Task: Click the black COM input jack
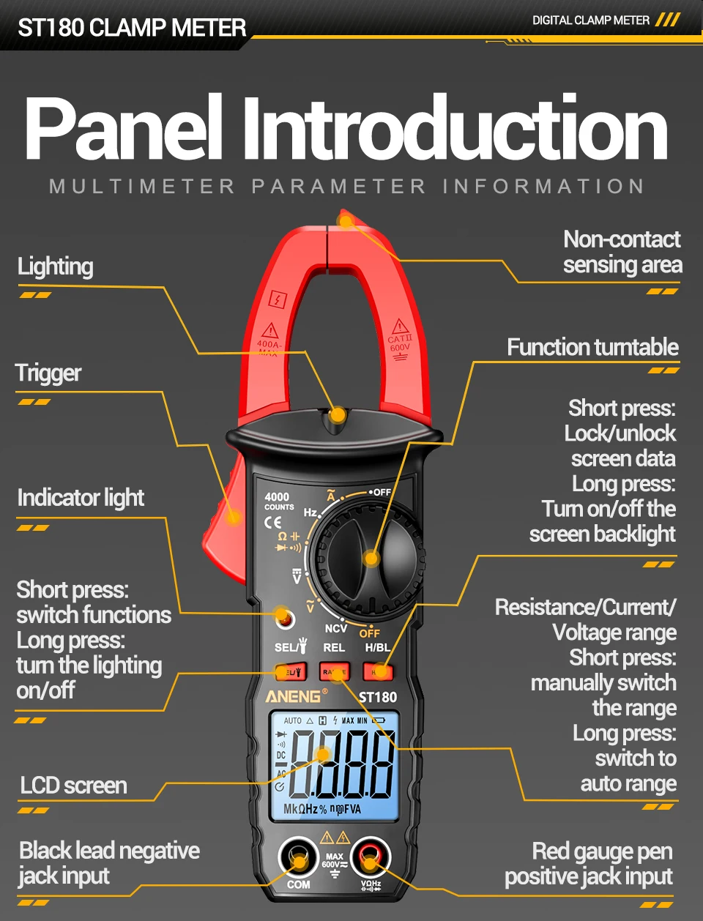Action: (298, 858)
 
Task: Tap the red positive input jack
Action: (370, 858)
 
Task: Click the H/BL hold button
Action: (378, 671)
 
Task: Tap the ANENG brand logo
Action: (293, 696)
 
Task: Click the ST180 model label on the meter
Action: (378, 697)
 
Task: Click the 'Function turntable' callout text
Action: (592, 347)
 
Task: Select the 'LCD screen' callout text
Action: (73, 786)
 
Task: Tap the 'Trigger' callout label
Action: (48, 373)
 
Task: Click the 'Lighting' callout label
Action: (56, 266)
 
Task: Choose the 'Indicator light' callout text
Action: (81, 498)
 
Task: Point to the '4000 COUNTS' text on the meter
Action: (278, 501)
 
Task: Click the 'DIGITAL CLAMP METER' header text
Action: (590, 20)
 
